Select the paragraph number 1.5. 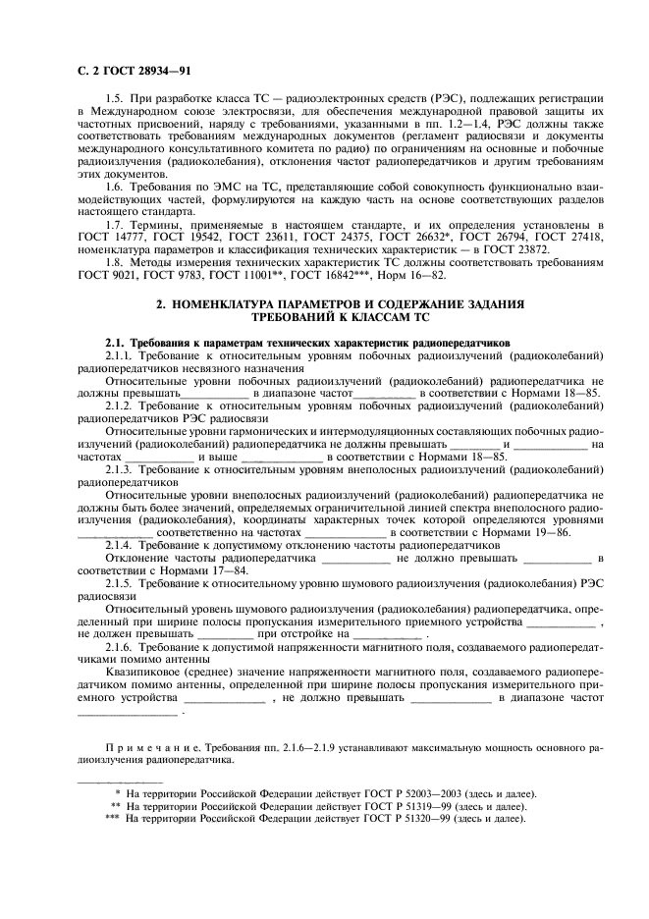click(113, 100)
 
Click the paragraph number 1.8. click(113, 263)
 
